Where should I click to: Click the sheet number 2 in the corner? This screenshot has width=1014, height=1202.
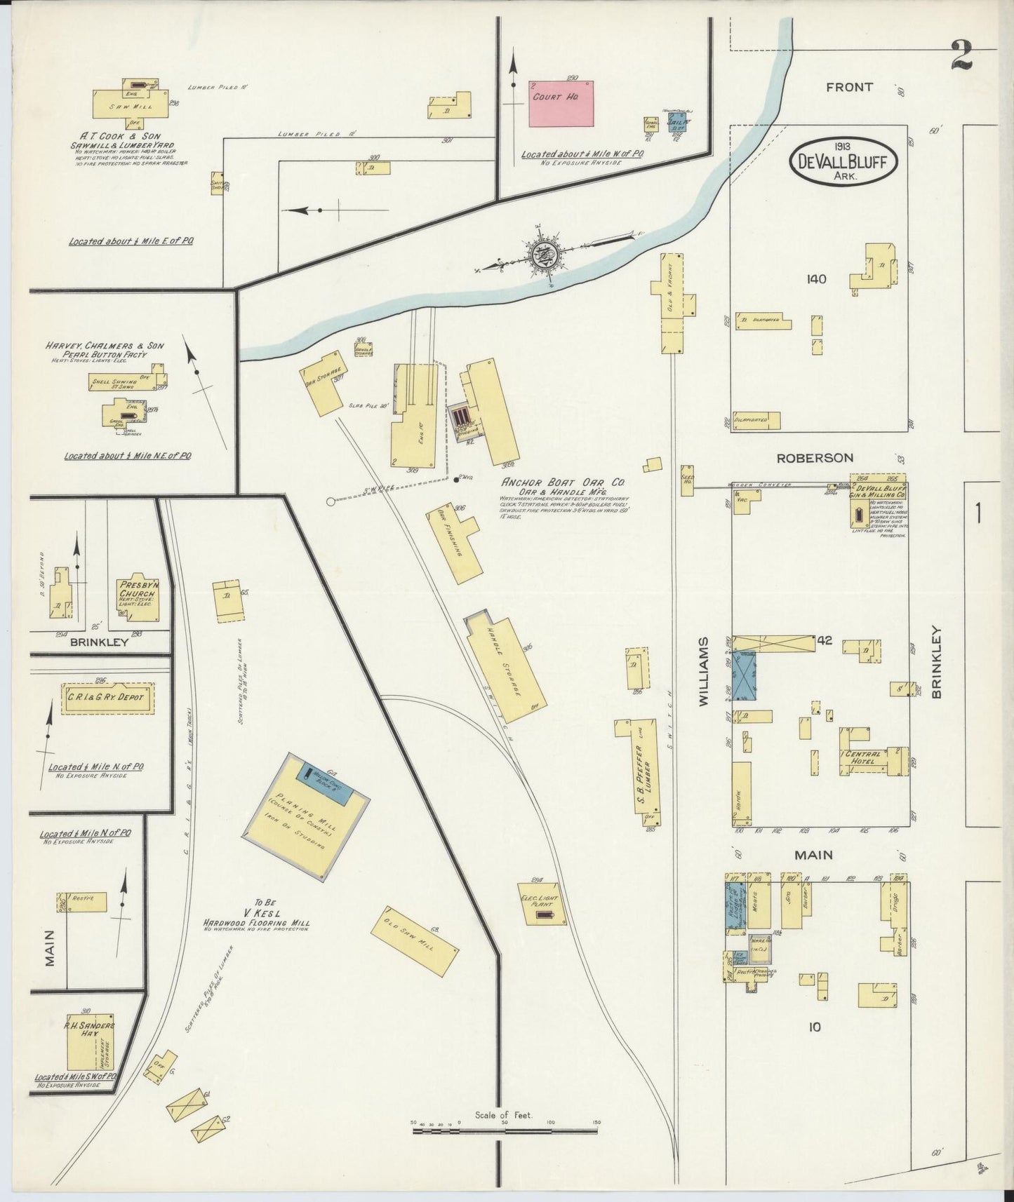coord(962,55)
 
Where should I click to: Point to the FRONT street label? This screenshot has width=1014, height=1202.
coord(849,87)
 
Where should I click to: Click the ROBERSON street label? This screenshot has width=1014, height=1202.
coord(815,457)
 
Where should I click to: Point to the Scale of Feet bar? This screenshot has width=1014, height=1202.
coord(505,1144)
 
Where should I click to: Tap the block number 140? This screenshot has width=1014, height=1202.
coord(816,279)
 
